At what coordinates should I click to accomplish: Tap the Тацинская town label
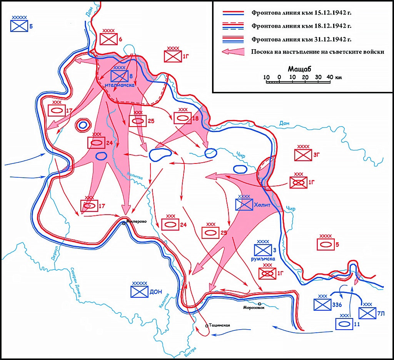[x=220, y=326]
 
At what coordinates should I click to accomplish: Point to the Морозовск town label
[x=254, y=307]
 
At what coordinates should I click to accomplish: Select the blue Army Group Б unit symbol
[x=19, y=26]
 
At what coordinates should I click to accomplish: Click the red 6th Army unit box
[x=109, y=39]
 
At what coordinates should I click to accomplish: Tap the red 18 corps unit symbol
[x=183, y=118]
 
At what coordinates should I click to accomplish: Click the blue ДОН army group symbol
[x=139, y=292]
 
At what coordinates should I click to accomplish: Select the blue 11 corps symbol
[x=344, y=324]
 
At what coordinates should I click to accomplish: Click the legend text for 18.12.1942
[x=302, y=27]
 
